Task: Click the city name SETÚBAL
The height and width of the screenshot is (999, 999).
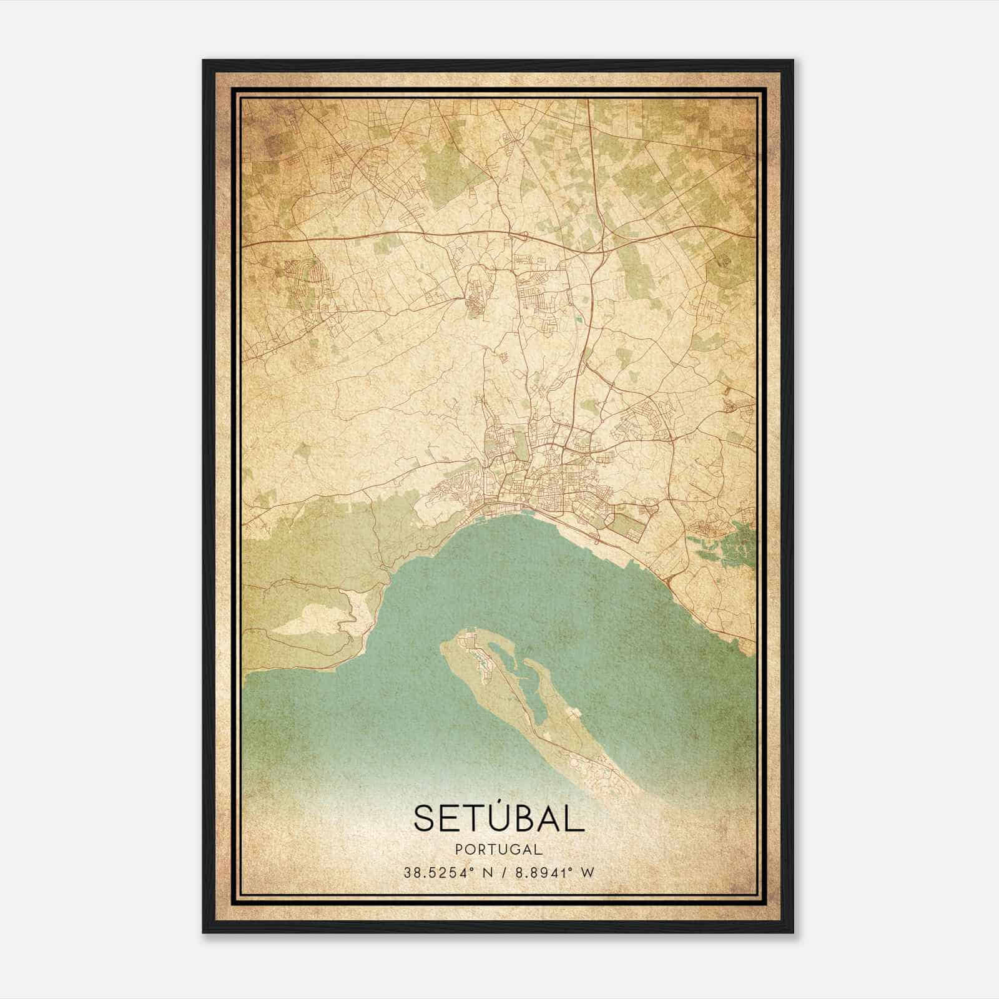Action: pyautogui.click(x=498, y=819)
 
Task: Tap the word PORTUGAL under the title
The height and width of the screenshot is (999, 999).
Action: pyautogui.click(x=498, y=849)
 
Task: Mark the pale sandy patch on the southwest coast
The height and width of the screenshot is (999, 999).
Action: pyautogui.click(x=306, y=621)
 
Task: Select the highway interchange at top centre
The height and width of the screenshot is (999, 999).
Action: pyautogui.click(x=603, y=250)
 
